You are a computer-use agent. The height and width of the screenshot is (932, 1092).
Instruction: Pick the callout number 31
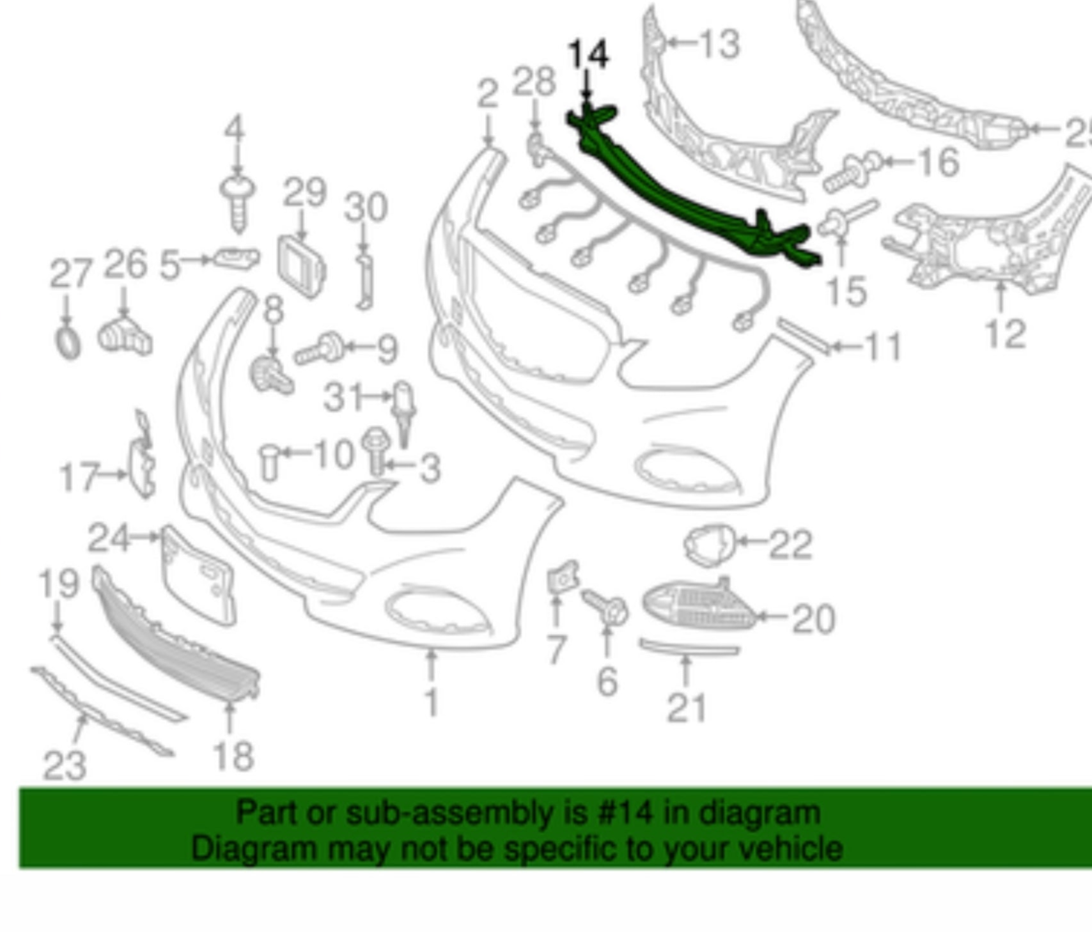pyautogui.click(x=344, y=397)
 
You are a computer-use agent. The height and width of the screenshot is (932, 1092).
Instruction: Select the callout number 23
pyautogui.click(x=65, y=765)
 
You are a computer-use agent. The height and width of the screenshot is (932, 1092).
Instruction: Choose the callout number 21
pyautogui.click(x=687, y=708)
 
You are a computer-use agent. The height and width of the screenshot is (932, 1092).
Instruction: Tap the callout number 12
pyautogui.click(x=1006, y=334)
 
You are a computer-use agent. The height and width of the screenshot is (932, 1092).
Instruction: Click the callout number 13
pyautogui.click(x=720, y=44)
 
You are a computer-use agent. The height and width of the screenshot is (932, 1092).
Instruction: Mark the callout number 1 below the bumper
pyautogui.click(x=432, y=701)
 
